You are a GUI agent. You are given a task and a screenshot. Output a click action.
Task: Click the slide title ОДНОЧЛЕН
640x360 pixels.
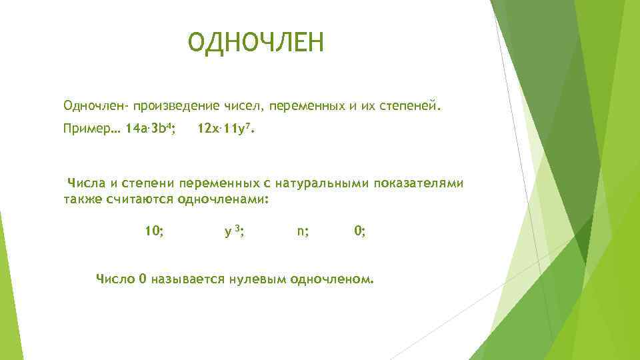coord(255,43)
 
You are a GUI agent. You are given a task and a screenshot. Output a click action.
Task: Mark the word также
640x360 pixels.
coord(82,199)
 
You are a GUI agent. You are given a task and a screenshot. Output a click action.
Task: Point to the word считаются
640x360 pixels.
coord(137,199)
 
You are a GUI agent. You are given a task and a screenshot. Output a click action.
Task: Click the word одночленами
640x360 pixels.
coord(223,199)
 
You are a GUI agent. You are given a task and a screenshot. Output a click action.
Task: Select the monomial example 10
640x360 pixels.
coord(155,231)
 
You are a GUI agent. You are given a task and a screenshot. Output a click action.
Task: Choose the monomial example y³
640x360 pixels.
coord(233,231)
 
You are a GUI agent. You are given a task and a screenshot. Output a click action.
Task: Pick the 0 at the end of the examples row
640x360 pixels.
coord(359,231)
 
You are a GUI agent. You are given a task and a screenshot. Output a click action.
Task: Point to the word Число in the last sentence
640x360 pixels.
coord(116,278)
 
